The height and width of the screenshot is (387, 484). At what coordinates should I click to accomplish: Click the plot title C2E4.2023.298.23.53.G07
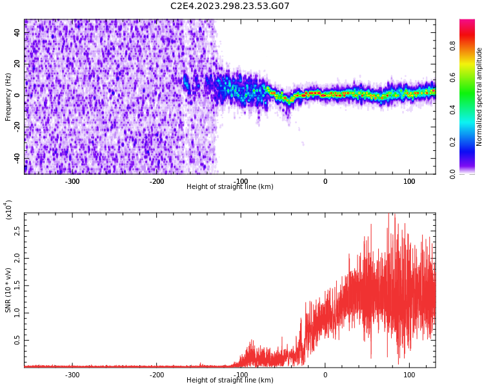pyautogui.click(x=230, y=6)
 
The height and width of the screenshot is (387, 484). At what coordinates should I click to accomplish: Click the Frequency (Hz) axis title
pyautogui.click(x=8, y=97)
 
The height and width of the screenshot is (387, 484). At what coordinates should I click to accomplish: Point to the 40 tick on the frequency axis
pyautogui.click(x=17, y=32)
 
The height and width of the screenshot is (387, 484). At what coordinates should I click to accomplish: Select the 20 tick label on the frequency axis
pyautogui.click(x=17, y=64)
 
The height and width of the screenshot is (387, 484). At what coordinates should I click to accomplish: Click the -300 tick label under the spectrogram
pyautogui.click(x=72, y=181)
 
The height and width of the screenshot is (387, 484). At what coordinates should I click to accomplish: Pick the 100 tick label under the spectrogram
pyautogui.click(x=409, y=181)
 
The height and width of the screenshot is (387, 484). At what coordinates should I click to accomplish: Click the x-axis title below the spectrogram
pyautogui.click(x=230, y=187)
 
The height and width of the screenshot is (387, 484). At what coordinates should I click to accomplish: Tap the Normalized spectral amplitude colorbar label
pyautogui.click(x=479, y=97)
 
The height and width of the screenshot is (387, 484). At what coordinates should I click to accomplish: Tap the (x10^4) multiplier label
pyautogui.click(x=8, y=210)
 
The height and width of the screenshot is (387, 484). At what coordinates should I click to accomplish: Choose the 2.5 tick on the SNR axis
pyautogui.click(x=17, y=230)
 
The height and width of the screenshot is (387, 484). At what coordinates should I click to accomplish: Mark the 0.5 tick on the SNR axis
pyautogui.click(x=17, y=340)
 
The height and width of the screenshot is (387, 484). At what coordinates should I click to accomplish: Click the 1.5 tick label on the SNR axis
pyautogui.click(x=17, y=285)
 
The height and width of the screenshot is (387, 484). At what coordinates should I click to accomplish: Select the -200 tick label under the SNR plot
pyautogui.click(x=156, y=375)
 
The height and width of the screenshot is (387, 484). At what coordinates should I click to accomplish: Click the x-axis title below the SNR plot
pyautogui.click(x=230, y=381)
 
